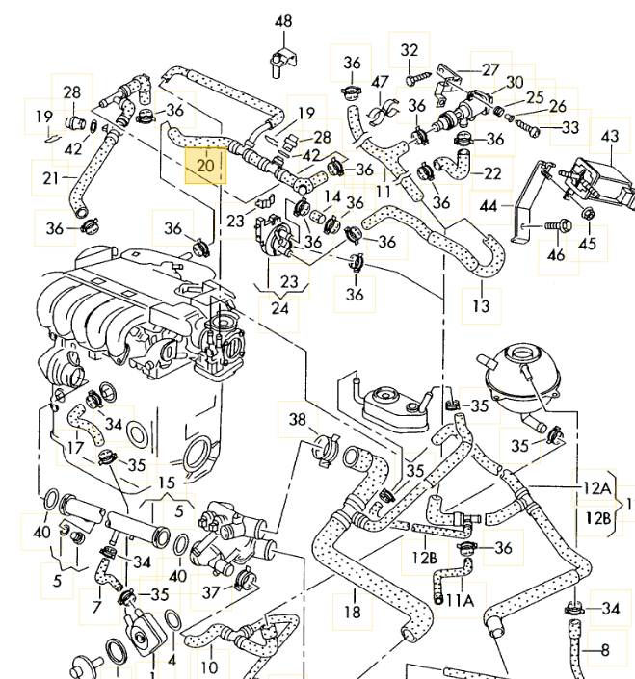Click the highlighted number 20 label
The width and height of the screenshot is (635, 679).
(x=204, y=165)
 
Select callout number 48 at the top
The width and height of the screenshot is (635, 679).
(x=282, y=21)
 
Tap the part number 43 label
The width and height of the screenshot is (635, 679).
(x=609, y=136)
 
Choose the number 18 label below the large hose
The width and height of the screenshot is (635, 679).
(x=352, y=611)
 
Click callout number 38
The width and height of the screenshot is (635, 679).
(x=298, y=420)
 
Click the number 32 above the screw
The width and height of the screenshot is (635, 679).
(x=410, y=50)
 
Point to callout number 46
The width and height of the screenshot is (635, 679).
(x=556, y=255)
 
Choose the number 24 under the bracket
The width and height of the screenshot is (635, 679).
(x=279, y=309)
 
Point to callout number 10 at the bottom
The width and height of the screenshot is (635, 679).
(x=209, y=666)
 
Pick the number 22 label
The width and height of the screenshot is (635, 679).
(x=492, y=173)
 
